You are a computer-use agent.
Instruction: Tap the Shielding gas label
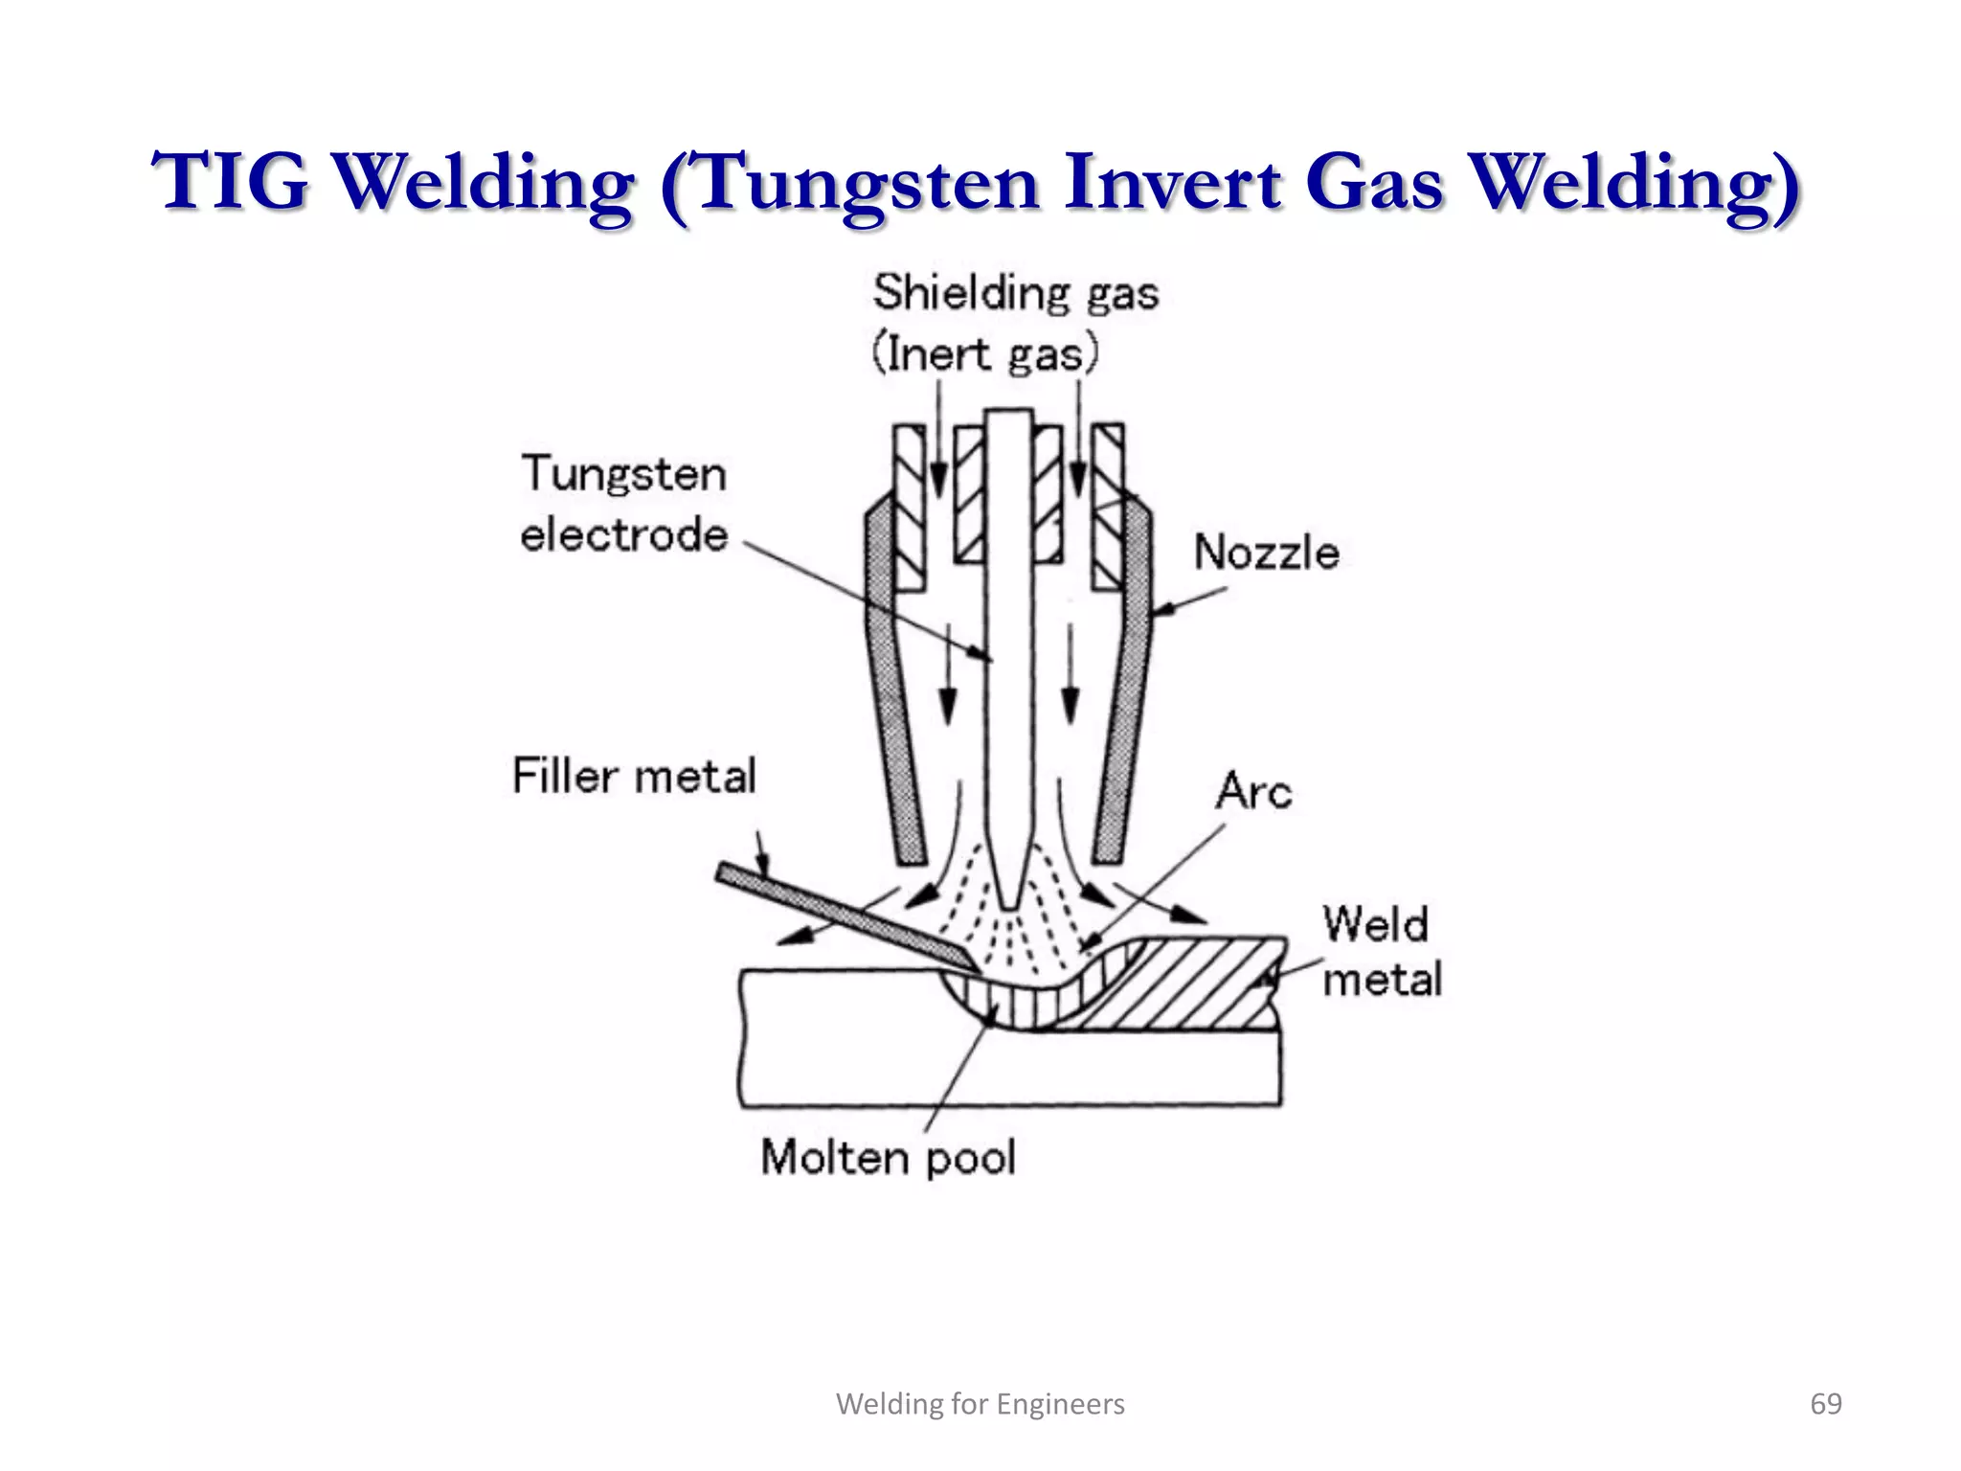tap(1015, 292)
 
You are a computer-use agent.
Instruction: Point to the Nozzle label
tap(1266, 553)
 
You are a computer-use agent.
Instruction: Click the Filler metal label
tap(634, 775)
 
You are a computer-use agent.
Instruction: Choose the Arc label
tap(1253, 791)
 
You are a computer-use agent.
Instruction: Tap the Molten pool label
tap(888, 1157)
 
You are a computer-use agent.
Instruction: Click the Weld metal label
tap(1380, 952)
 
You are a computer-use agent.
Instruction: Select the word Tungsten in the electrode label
tap(624, 474)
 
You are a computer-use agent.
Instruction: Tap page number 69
tap(1825, 1404)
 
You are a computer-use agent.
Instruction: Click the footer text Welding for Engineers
tap(980, 1404)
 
